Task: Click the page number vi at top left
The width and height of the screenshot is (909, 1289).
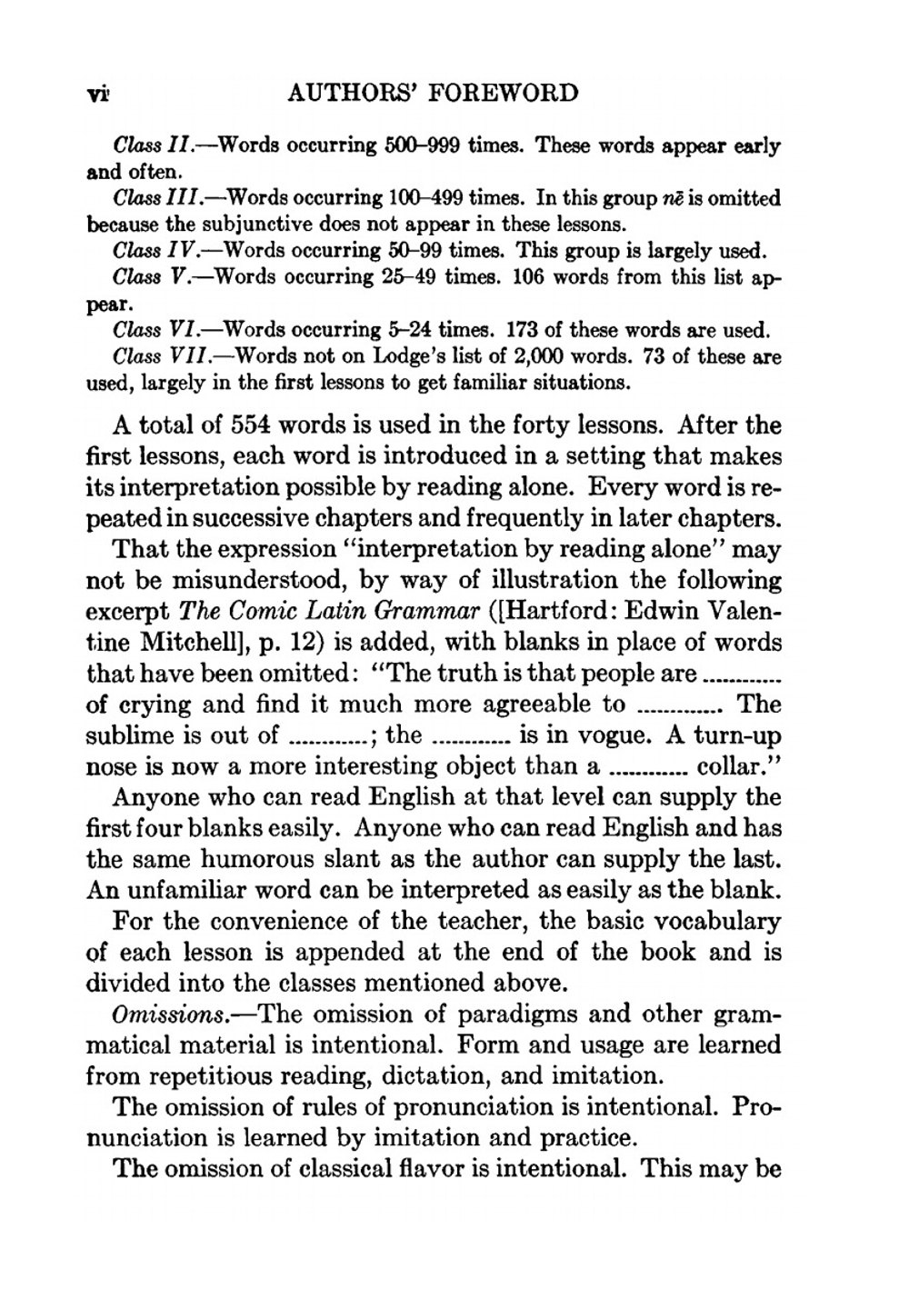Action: [97, 94]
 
